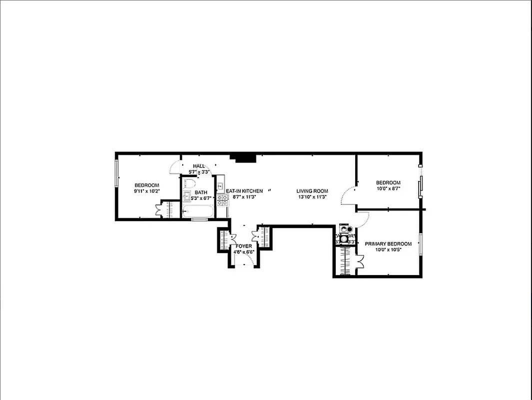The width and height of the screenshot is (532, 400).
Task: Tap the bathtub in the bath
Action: (x=198, y=211)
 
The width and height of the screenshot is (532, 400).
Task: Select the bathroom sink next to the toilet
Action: (x=188, y=195)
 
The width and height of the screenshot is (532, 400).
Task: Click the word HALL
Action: (x=199, y=166)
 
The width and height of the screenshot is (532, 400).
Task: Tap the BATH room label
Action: (x=201, y=192)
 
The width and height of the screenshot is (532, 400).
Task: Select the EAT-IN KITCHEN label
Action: (x=244, y=191)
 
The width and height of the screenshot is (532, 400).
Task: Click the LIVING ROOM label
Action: (x=312, y=191)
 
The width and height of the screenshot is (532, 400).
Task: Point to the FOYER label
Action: (x=244, y=246)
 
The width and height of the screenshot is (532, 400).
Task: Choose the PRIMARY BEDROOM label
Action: (x=388, y=244)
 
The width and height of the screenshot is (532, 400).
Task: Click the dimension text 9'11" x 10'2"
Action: (x=147, y=191)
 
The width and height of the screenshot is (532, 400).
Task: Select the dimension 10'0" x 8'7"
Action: (x=388, y=189)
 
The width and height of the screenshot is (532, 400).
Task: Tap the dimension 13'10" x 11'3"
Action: (x=312, y=197)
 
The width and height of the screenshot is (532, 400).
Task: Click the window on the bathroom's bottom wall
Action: (x=200, y=219)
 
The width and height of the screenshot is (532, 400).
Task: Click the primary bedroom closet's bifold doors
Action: (x=360, y=262)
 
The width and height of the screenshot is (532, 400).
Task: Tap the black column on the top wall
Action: (x=245, y=158)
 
